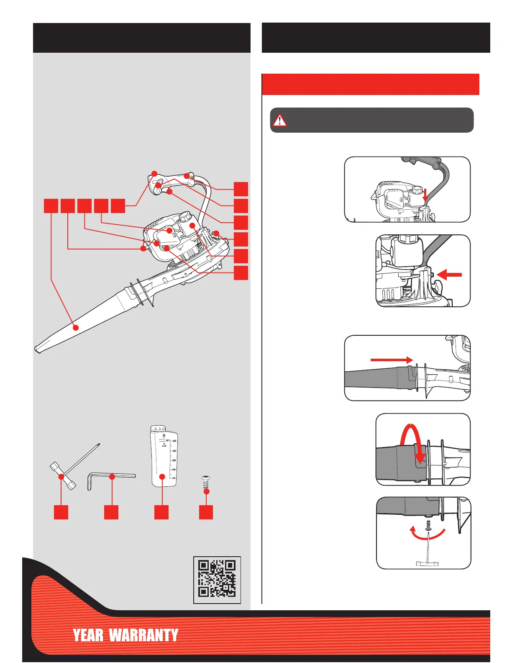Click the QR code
217,579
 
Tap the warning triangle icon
279,120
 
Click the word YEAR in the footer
88,635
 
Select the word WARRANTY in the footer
143,635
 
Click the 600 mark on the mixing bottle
174,441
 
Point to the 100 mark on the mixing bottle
174,478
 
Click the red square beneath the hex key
111,512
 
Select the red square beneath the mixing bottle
161,512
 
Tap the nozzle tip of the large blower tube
38,348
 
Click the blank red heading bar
370,85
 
